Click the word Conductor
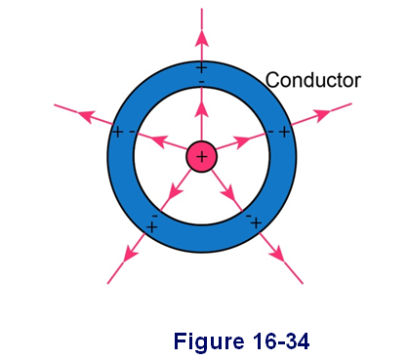313,80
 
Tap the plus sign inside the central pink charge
202,157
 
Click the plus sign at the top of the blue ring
202,68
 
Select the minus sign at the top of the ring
202,82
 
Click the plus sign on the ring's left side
117,132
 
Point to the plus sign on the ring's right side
285,132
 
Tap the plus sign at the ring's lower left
152,226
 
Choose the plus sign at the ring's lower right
256,223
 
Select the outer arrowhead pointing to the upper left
87,115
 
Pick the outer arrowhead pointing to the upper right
321,115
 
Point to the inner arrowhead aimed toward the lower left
176,191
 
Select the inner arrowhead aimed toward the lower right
227,192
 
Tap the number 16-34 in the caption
280,341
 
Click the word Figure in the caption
209,342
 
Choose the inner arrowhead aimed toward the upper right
242,141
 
